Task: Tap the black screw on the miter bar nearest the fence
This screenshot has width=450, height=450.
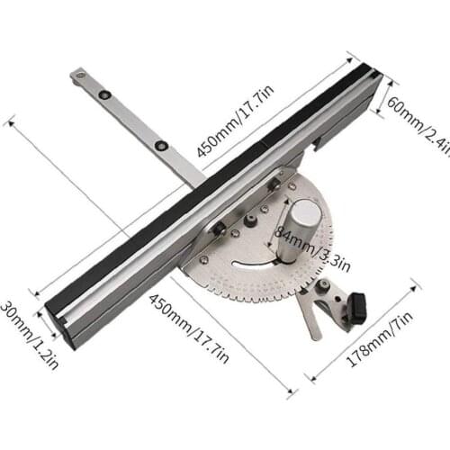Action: (x=161, y=145)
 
